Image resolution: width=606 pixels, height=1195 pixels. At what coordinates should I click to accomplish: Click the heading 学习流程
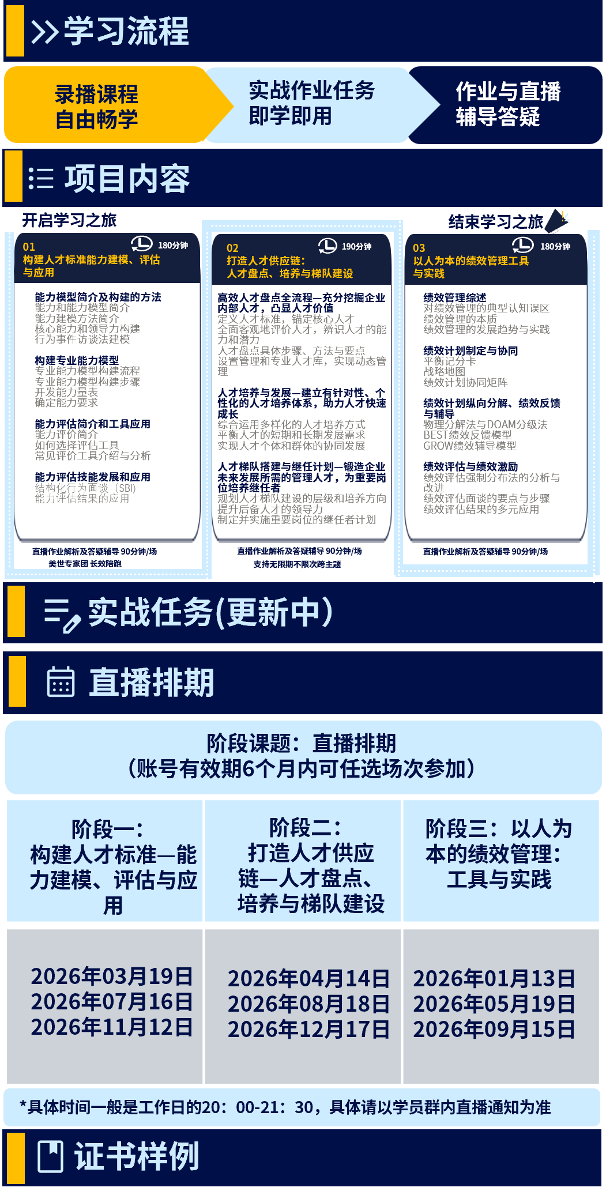coord(126,31)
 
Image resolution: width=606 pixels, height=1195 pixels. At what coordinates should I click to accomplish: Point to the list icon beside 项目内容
coord(41,179)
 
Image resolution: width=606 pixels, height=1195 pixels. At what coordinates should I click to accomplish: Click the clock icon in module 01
coord(141,244)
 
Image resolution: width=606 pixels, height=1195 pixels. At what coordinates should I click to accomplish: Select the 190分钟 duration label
coord(356,247)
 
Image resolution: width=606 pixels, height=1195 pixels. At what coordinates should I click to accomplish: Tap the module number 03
coord(419,248)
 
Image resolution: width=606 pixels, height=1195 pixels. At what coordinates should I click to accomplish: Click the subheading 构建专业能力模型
coord(77,360)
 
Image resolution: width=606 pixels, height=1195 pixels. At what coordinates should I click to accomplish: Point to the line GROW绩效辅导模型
coord(470,446)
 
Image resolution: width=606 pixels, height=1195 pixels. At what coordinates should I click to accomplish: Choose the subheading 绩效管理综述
coord(455,297)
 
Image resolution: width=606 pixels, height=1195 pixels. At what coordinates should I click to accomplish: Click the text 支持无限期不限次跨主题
coord(297,564)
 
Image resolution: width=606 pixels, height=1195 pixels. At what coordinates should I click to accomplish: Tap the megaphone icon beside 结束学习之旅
coord(556,221)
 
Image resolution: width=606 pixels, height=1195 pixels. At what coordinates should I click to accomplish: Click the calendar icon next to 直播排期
coord(61,682)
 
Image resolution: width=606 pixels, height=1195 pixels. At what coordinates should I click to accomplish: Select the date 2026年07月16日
coord(112,1002)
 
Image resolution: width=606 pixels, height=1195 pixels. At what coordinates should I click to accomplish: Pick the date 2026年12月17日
coord(309,1030)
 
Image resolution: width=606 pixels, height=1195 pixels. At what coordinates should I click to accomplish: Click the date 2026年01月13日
coord(494,979)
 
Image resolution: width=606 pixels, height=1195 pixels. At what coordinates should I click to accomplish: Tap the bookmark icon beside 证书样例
coord(50,1156)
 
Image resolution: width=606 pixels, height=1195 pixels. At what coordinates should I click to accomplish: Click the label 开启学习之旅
coord(69,220)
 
